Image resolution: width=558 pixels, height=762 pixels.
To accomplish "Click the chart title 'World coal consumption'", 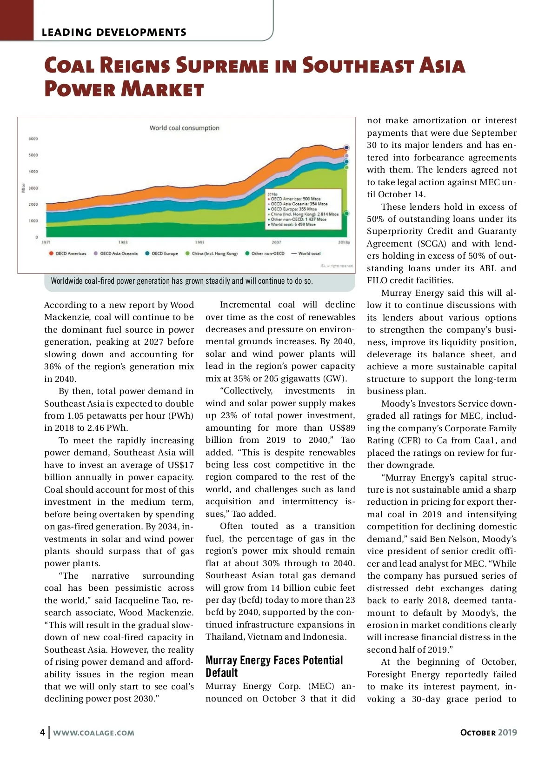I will [184, 128].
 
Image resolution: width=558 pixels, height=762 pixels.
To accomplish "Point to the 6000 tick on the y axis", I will [33, 139].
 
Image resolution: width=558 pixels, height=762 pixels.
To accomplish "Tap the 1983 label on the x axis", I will [123, 242].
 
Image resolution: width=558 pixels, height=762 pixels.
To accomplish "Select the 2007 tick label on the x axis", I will [276, 242].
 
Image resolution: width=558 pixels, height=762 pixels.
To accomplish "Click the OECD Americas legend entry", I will [68, 254].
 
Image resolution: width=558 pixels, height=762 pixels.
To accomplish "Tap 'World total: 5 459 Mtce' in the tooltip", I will [293, 224].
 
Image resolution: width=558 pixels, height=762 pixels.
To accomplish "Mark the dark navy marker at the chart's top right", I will [346, 147].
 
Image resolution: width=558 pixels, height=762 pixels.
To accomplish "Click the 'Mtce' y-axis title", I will [23, 188].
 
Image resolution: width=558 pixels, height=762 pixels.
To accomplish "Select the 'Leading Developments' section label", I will [114, 32].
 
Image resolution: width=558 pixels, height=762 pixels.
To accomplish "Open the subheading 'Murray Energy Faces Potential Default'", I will [274, 667].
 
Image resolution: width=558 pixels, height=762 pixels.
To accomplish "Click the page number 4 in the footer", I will [42, 732].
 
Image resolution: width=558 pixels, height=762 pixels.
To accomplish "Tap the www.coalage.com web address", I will [93, 733].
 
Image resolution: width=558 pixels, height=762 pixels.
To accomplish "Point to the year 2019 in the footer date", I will [507, 732].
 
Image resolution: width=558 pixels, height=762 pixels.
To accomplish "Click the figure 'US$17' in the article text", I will [181, 465].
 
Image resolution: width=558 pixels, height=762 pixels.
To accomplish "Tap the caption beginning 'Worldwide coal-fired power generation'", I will [182, 281].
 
